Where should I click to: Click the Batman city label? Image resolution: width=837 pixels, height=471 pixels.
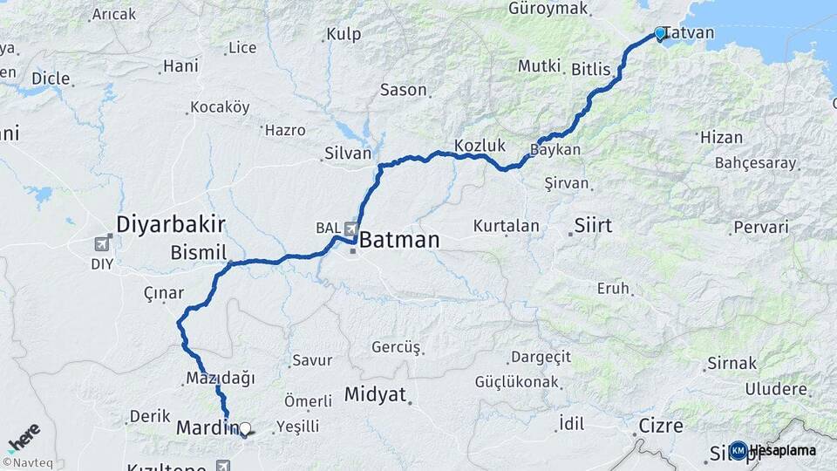[x=399, y=239]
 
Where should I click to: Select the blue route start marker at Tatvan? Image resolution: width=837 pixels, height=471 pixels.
[x=660, y=34]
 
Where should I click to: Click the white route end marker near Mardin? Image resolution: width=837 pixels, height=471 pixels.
[x=245, y=429]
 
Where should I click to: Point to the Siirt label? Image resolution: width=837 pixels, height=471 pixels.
[x=593, y=226]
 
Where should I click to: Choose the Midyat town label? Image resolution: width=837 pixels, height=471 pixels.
[x=375, y=394]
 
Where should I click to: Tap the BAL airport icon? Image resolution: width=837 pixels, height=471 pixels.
[x=351, y=229]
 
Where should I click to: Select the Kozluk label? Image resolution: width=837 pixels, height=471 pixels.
[x=480, y=145]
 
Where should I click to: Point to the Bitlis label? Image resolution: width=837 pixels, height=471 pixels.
[x=591, y=68]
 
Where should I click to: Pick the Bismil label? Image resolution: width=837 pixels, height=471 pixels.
[x=198, y=252]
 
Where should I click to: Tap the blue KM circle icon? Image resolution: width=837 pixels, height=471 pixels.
[x=738, y=450]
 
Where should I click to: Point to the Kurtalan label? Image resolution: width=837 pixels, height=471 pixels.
[x=506, y=226]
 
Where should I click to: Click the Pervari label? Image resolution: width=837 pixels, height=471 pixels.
[x=761, y=227]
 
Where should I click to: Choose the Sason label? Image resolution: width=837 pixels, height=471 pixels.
[x=404, y=90]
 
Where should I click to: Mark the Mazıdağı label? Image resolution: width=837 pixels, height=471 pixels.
[x=220, y=378]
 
